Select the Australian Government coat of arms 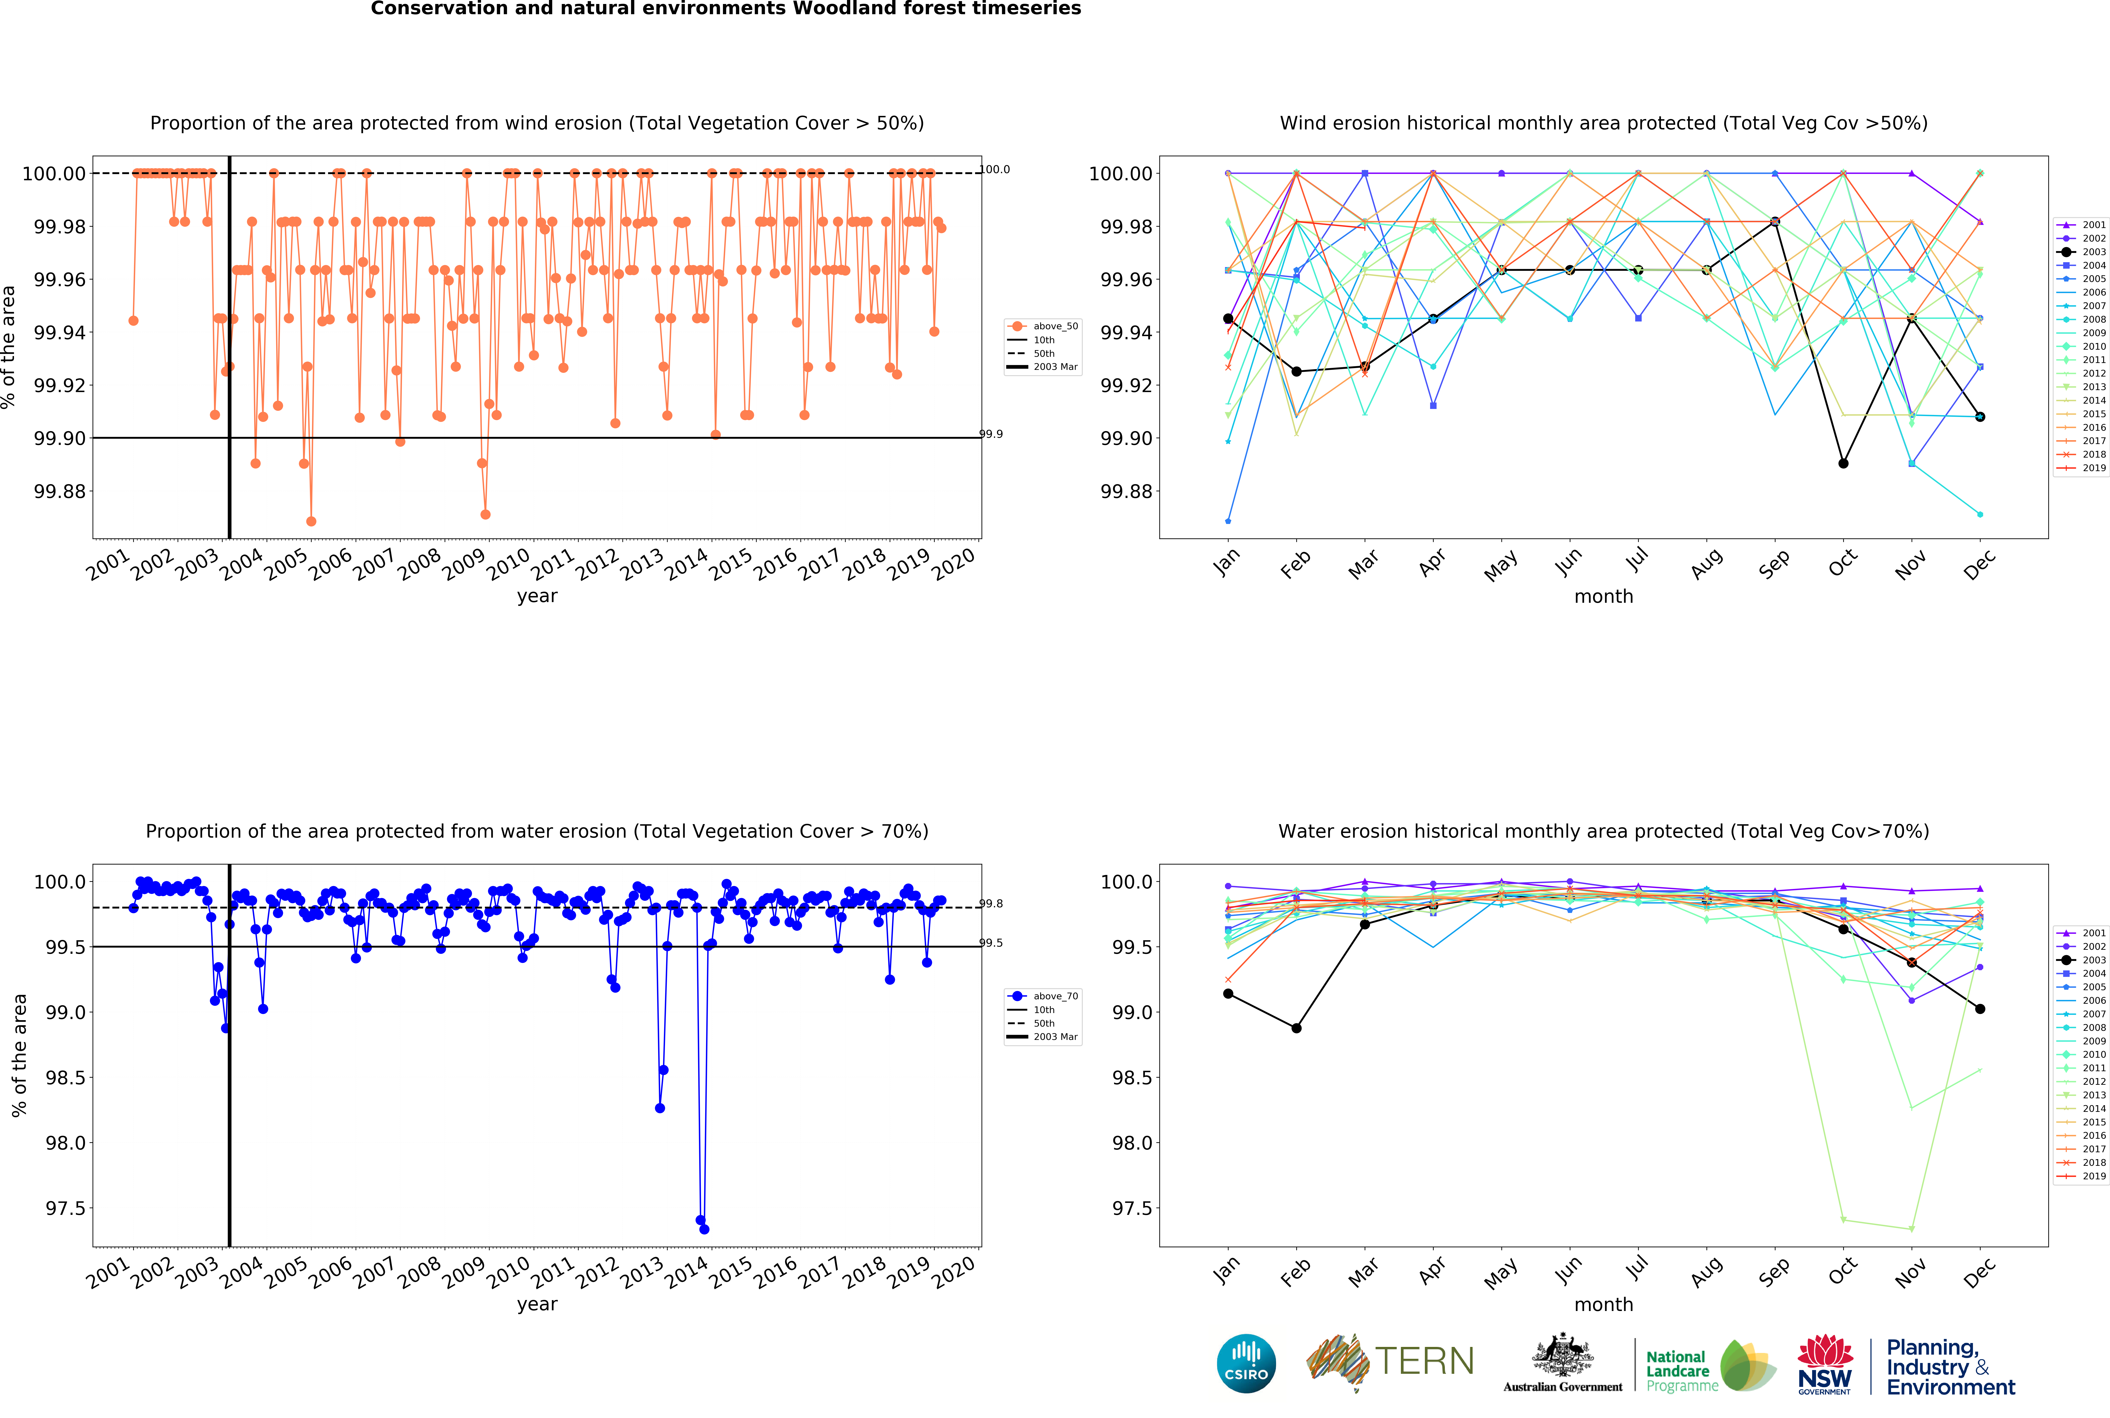point(1562,1357)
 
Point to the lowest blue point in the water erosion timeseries point(704,1229)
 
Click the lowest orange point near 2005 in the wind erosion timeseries point(311,521)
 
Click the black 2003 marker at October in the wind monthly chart point(1843,463)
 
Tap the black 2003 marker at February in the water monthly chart point(1296,1028)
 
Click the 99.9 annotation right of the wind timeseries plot point(992,434)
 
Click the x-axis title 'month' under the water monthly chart point(1603,1304)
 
